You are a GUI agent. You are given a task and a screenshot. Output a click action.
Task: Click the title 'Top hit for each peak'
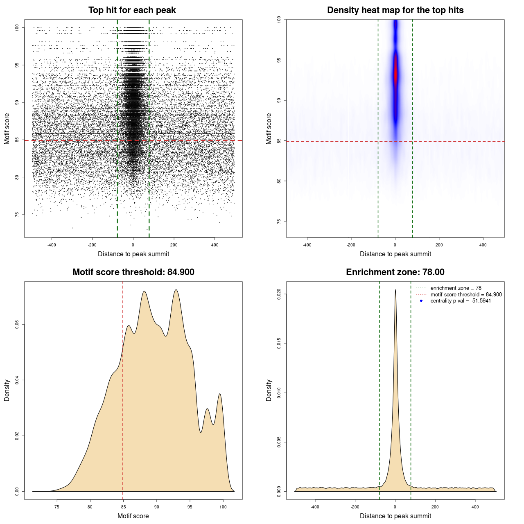pos(132,10)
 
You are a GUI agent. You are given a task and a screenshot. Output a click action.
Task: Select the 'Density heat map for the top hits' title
pos(395,10)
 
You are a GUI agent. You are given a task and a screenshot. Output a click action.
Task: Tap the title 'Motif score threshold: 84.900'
pos(133,272)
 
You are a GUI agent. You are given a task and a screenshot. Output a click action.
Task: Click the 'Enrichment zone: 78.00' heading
pos(395,272)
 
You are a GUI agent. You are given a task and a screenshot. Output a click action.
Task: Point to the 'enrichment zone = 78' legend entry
pos(456,288)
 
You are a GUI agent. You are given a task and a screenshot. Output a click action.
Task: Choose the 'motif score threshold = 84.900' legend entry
pos(466,294)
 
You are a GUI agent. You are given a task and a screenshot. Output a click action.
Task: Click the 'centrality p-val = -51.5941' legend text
pos(461,301)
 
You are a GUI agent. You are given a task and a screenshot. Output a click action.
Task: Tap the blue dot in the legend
pos(421,301)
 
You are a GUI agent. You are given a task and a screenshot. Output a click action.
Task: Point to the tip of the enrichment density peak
pos(395,290)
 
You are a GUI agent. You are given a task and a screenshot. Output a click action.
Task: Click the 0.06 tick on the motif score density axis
pos(17,325)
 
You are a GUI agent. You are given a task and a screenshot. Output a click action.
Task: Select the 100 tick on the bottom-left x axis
pos(223,507)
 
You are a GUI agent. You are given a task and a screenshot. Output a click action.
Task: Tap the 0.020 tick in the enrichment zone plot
pos(279,294)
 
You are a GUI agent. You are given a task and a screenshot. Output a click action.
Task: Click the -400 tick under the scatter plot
pos(52,245)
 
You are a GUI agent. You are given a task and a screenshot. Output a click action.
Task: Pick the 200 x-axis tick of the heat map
pos(439,245)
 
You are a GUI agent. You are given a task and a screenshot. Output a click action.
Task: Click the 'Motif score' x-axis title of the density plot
pos(133,516)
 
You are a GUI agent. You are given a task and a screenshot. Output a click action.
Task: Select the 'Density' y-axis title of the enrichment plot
pos(269,390)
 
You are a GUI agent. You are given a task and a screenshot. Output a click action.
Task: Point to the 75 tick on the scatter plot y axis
pos(17,215)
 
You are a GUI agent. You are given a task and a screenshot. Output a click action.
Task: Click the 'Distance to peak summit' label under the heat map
pos(395,254)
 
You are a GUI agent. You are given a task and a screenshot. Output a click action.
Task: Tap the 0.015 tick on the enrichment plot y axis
pos(279,343)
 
